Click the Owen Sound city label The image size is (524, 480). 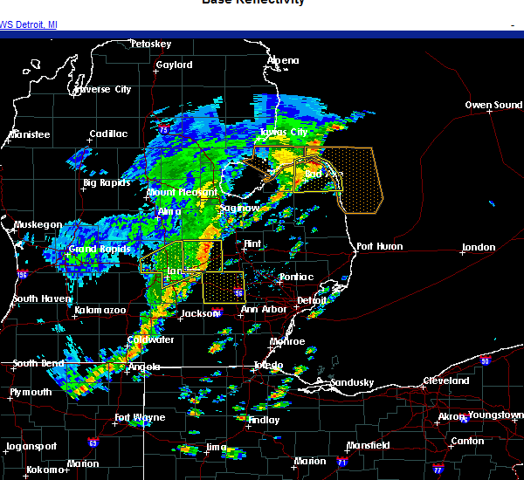[493, 106]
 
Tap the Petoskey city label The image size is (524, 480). [150, 44]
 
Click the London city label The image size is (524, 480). [479, 248]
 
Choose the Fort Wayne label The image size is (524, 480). [140, 417]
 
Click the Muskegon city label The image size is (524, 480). [38, 225]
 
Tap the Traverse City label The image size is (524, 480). [102, 89]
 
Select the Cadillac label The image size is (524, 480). [108, 134]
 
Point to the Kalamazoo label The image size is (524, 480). [100, 311]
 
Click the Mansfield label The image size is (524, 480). [368, 445]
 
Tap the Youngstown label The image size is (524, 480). [495, 415]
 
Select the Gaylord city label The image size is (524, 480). [174, 65]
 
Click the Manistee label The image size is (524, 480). [29, 134]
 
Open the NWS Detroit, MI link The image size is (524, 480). [30, 24]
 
